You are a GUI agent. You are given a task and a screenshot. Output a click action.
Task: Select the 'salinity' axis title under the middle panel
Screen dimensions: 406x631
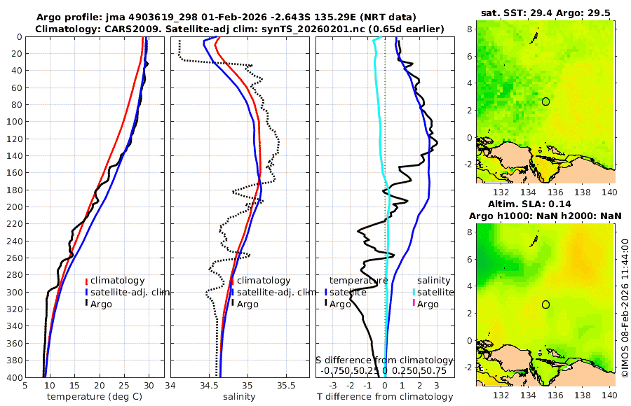238,397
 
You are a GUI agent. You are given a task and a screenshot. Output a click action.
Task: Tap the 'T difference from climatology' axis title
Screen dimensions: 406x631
385,397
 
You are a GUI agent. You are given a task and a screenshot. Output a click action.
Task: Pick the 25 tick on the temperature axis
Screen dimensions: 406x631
124,385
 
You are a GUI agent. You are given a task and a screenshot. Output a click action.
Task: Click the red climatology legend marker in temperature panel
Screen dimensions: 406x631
86,281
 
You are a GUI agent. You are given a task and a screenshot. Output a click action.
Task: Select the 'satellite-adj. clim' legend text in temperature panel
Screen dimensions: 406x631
130,292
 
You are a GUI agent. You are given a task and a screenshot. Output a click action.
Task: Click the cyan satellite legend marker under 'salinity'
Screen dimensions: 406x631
414,292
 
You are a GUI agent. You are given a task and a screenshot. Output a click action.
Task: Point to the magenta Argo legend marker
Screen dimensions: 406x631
414,304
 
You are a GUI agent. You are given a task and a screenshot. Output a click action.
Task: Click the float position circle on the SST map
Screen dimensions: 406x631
545,101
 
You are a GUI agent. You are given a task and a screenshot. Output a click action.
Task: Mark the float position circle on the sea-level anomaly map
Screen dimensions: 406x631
545,304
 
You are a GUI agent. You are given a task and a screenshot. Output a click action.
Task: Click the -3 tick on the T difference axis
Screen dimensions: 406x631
332,385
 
